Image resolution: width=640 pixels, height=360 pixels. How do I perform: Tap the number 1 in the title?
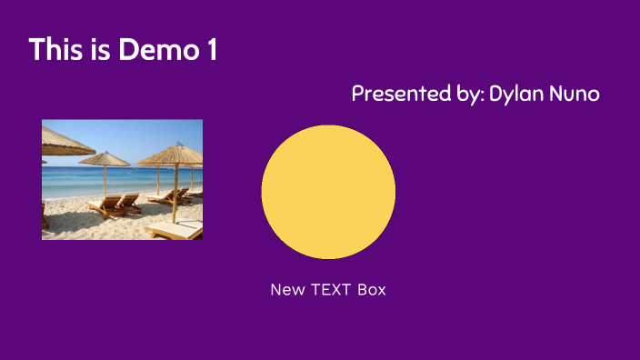(212, 50)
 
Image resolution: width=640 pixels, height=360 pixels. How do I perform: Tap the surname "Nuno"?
(576, 94)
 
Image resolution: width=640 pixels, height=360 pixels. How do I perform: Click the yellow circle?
(328, 192)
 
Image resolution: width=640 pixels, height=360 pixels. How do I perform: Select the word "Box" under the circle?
(372, 290)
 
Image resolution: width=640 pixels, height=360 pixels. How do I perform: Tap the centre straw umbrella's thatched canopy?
(105, 160)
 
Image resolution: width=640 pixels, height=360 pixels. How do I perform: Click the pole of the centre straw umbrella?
(105, 180)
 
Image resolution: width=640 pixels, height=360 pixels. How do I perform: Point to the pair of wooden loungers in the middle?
(116, 205)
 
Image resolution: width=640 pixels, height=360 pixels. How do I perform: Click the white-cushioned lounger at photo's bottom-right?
(177, 230)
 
